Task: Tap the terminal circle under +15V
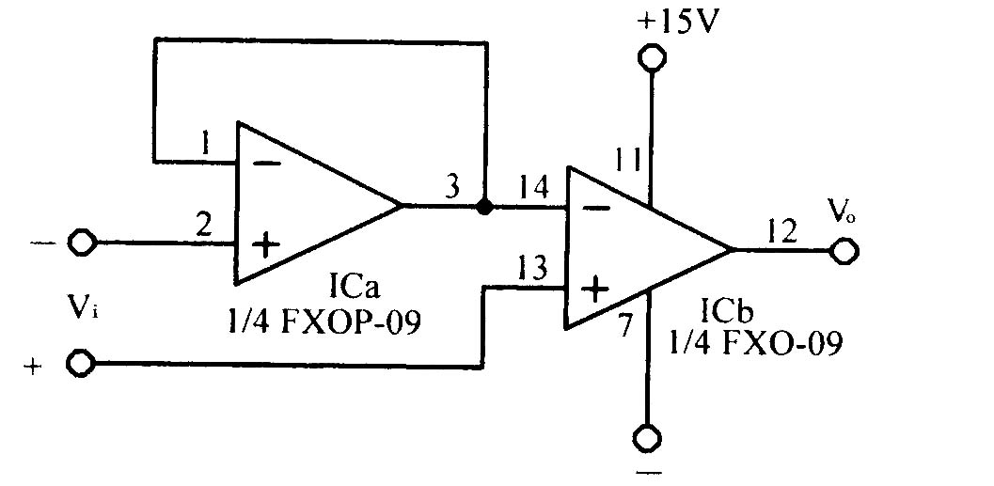click(x=652, y=58)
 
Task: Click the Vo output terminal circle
click(x=844, y=251)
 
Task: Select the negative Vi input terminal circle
click(x=82, y=243)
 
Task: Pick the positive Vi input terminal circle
click(x=81, y=365)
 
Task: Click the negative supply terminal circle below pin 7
click(x=647, y=438)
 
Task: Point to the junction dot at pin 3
click(x=485, y=207)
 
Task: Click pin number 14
click(x=534, y=189)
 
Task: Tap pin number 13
click(x=532, y=270)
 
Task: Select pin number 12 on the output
click(x=782, y=232)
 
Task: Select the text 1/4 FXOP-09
click(x=323, y=323)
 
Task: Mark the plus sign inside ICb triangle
click(x=594, y=290)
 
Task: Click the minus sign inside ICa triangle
click(x=266, y=163)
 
